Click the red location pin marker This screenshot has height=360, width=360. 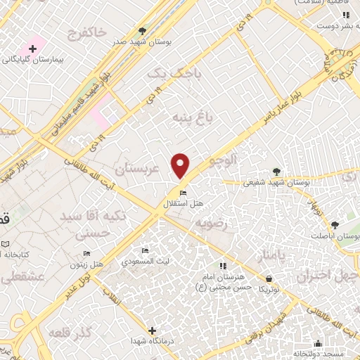coord(181,166)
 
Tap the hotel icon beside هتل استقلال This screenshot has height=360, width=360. coord(184,194)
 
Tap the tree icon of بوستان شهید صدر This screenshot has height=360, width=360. coord(143,31)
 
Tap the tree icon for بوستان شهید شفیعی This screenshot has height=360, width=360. coord(276,172)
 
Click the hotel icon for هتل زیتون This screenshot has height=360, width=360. coord(86,254)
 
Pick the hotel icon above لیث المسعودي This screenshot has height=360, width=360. coord(145,251)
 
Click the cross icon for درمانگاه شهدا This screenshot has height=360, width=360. coord(152,330)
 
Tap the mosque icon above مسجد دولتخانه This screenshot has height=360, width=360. coord(319,344)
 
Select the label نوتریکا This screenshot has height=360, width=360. coord(268,289)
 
